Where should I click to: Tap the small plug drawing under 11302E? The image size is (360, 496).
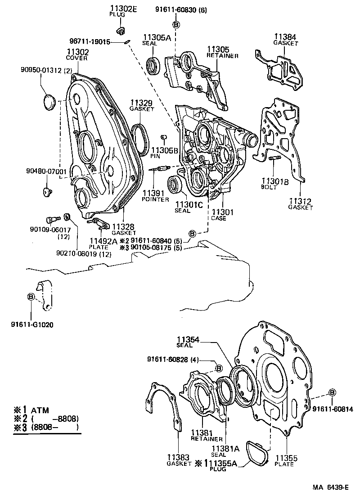(x=120, y=31)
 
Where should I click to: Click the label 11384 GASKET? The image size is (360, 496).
(x=285, y=39)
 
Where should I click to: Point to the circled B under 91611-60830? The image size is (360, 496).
(x=176, y=25)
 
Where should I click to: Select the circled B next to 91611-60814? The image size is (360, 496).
(x=332, y=392)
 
